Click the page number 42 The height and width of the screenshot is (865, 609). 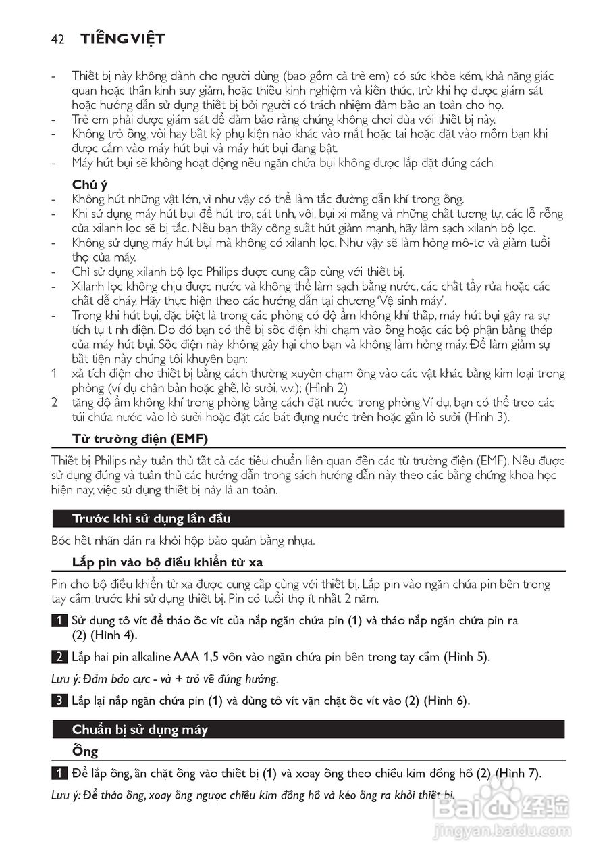pos(57,39)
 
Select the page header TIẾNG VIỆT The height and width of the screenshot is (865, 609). pos(123,39)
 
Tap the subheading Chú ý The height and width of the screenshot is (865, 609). pos(90,184)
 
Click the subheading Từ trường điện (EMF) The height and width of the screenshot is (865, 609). pos(140,439)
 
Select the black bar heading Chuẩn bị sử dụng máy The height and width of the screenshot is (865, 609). pos(140,730)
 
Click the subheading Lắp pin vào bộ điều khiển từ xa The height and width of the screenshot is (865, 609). pos(172,562)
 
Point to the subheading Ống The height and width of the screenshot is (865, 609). pos(85,751)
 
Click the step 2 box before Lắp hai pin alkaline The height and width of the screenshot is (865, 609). pos(59,657)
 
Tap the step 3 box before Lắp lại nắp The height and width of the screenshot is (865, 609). pos(59,701)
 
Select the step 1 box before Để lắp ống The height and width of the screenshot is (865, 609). pos(59,773)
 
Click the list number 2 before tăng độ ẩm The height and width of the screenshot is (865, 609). pos(55,403)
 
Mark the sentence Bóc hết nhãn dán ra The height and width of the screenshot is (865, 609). pos(184,541)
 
